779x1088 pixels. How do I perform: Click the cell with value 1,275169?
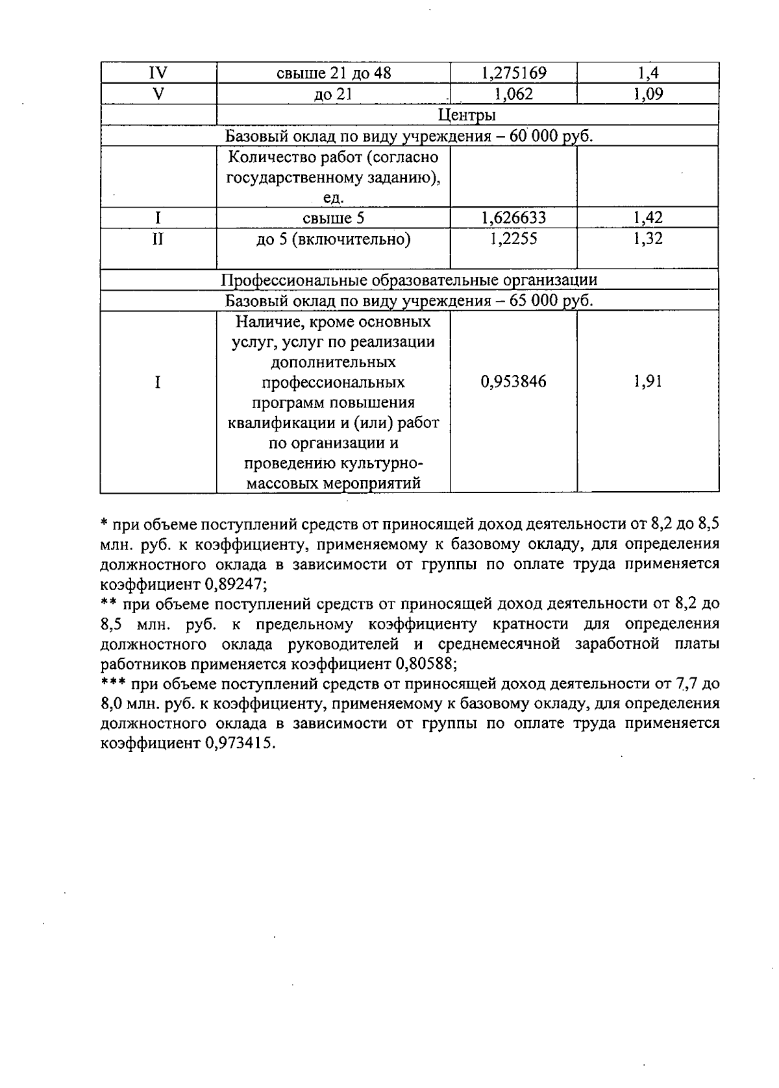[x=513, y=73]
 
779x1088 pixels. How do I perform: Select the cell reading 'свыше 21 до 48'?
[x=334, y=73]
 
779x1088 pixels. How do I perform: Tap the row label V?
[x=158, y=93]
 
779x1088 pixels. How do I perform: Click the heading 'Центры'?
[x=467, y=115]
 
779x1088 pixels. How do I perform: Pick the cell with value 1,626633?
[x=513, y=218]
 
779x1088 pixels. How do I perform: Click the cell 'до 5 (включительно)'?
[x=334, y=239]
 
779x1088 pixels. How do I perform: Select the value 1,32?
[x=647, y=239]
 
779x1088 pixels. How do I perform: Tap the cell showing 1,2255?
[x=513, y=239]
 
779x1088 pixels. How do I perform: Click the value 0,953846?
[x=513, y=381]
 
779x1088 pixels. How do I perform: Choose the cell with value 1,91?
[x=647, y=381]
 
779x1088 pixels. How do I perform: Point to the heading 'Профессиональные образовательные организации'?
[x=409, y=280]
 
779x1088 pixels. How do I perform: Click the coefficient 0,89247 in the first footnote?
[x=234, y=584]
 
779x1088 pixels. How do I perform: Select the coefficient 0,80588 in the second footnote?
[x=425, y=664]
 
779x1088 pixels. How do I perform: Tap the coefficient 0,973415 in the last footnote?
[x=240, y=744]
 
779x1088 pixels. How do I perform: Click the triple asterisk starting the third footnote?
[x=113, y=683]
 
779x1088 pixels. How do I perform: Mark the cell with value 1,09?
[x=647, y=93]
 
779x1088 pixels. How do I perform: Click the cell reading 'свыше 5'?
[x=334, y=218]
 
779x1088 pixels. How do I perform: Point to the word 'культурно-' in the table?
[x=334, y=463]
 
